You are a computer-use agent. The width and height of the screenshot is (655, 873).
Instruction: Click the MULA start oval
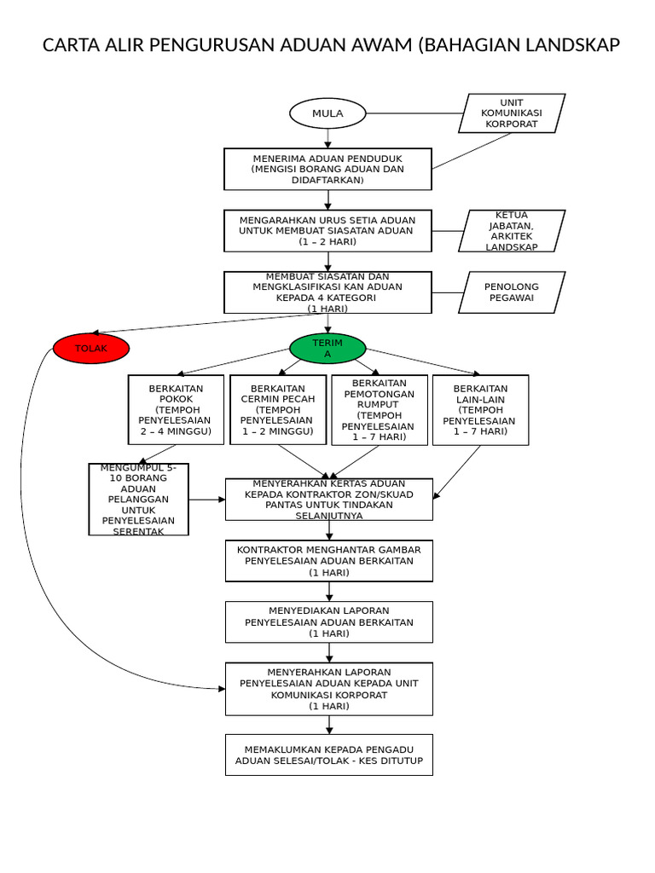pos(327,113)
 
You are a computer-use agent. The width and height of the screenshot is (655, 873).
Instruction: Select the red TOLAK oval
pos(91,348)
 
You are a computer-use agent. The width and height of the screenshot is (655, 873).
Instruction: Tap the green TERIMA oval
pos(327,348)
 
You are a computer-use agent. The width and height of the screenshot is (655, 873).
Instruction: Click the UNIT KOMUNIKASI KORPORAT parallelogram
pos(512,113)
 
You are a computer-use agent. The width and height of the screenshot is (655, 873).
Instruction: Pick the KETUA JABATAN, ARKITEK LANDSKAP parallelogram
pos(512,231)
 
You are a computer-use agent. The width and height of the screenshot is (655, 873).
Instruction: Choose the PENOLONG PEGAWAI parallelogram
pos(512,292)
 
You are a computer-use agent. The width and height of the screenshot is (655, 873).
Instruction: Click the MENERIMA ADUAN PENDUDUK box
pos(327,169)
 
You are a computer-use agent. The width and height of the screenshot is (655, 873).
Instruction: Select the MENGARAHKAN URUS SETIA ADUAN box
pos(327,230)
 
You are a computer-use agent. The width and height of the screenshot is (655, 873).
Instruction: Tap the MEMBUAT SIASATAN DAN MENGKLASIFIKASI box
pos(327,292)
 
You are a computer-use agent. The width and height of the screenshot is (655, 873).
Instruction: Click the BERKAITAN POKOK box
pos(176,410)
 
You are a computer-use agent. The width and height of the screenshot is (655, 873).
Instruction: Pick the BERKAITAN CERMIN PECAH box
pos(278,410)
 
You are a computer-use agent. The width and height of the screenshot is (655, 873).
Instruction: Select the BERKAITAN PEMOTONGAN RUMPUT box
pos(380,410)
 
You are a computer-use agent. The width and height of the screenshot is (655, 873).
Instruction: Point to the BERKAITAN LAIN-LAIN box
pos(480,410)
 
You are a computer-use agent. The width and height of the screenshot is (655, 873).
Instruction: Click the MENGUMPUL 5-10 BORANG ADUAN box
pos(138,500)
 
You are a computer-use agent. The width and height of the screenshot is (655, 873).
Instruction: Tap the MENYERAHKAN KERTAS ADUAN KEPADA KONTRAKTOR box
pos(328,500)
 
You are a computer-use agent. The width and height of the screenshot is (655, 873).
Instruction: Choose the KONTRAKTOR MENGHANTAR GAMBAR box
pos(328,561)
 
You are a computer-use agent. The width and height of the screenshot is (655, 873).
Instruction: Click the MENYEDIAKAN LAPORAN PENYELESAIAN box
pos(328,622)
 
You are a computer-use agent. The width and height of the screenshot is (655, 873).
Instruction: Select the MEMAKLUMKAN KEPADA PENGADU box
pos(328,754)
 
